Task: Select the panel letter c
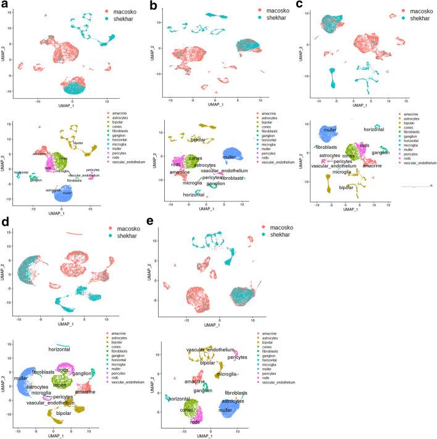point(298,5)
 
